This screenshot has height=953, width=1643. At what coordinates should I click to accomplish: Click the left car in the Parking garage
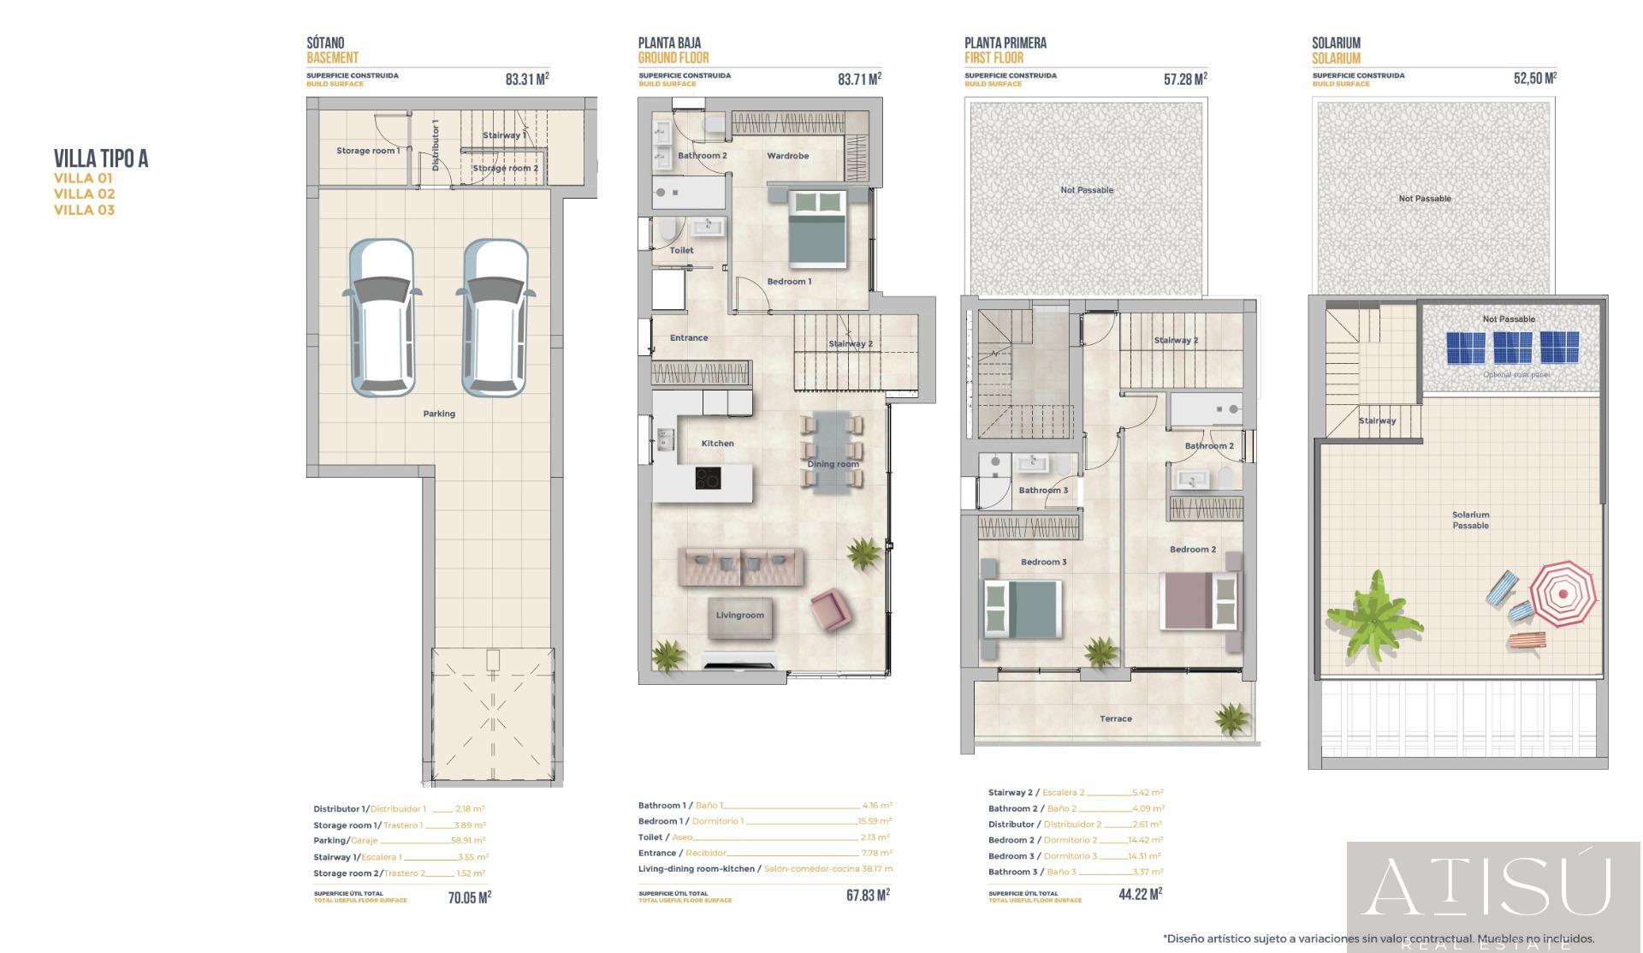[x=382, y=318]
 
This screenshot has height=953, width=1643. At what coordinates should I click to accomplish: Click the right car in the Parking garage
[x=495, y=318]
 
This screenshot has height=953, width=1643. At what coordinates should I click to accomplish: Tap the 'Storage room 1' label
[x=367, y=151]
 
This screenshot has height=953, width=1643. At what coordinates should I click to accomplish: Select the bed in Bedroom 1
[x=817, y=226]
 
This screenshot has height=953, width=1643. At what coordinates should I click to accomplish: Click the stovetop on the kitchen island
[x=707, y=479]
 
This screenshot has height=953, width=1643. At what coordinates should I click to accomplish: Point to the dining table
[x=832, y=452]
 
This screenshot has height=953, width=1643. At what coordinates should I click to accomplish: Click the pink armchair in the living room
[x=830, y=610]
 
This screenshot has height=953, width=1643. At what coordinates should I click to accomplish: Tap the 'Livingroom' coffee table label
[x=739, y=616]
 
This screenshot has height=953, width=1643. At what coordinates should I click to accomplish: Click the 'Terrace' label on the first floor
[x=1115, y=719]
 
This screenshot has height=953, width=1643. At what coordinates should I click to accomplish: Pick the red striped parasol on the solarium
[x=1563, y=594]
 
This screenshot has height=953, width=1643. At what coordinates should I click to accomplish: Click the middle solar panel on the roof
[x=1512, y=348]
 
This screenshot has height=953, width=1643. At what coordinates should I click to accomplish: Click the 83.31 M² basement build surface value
[x=526, y=80]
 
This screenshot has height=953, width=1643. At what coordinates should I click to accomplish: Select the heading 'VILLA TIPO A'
[x=101, y=158]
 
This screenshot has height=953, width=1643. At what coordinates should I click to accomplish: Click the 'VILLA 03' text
[x=84, y=210]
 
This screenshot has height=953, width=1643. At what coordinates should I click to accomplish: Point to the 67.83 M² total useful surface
[x=867, y=895]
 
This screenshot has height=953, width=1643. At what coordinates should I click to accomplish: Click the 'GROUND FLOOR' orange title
[x=673, y=58]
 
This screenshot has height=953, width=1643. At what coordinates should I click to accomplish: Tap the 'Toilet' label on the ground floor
[x=681, y=251]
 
